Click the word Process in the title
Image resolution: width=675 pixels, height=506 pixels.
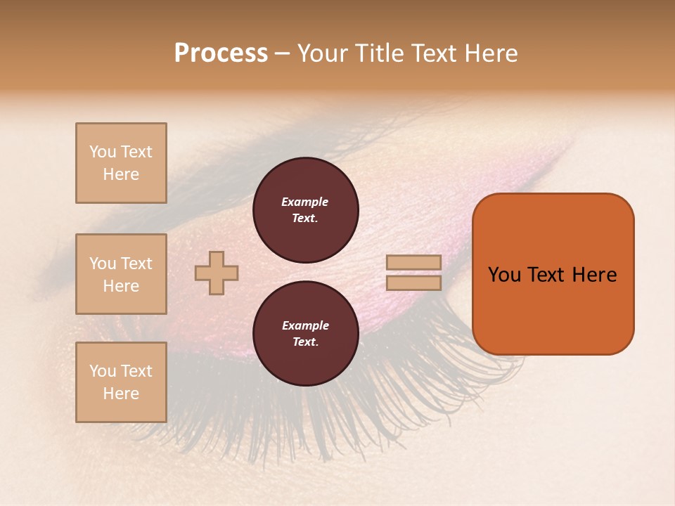point(221,53)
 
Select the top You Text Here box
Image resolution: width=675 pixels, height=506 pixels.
point(121,163)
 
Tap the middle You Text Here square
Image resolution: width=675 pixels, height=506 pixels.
point(121,274)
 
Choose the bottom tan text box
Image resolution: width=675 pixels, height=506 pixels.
point(121,382)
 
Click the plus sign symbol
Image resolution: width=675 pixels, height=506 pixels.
point(217,273)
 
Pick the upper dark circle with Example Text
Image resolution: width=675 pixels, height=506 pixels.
point(305,210)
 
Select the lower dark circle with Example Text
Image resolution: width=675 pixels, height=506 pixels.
point(305,334)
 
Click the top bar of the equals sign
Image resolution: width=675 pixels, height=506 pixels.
point(413,263)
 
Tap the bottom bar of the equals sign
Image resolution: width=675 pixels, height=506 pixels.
point(413,283)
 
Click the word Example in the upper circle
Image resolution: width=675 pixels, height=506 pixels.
point(305,202)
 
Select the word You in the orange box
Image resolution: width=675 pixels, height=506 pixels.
point(505,275)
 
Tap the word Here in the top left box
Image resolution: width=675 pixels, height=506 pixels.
point(121,174)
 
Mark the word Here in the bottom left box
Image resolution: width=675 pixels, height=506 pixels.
point(121,394)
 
